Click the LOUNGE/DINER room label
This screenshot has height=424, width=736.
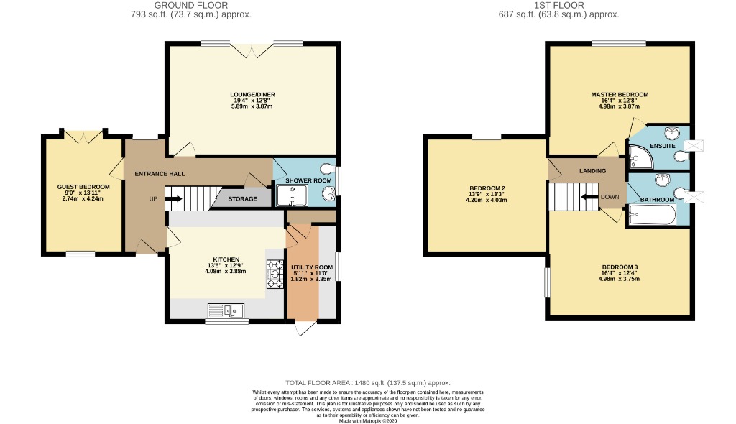pos(252,95)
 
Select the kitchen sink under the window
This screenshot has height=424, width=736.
pos(226,310)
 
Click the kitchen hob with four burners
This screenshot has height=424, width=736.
pos(275,273)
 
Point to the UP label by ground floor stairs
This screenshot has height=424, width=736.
pos(153,199)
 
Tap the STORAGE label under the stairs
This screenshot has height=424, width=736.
pos(242,199)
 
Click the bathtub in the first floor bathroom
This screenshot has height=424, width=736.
pos(652,214)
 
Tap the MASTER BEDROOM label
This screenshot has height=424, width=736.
pos(620,95)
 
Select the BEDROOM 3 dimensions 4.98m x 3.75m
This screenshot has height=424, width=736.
pos(620,279)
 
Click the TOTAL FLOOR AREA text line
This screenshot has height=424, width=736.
pos(367,383)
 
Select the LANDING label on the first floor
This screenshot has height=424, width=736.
pos(592,171)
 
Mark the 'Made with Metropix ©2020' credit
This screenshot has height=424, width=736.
pos(367,421)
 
